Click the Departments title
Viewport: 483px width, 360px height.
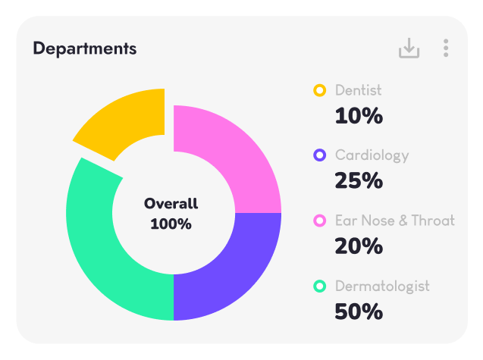85,49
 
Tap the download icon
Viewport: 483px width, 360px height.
409,49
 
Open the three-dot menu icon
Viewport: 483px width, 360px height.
446,49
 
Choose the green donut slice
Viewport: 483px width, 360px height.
106,250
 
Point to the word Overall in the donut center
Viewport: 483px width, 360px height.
171,203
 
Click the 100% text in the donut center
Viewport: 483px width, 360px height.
171,224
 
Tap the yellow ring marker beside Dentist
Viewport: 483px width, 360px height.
320,90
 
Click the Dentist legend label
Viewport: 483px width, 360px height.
359,90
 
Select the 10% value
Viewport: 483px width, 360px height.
359,116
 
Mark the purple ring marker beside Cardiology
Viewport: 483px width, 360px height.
320,155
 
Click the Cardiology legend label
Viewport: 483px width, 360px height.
372,155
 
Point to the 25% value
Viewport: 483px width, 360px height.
359,181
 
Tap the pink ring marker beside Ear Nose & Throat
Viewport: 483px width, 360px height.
320,221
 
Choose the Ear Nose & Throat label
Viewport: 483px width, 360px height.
395,221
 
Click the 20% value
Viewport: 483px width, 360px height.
359,246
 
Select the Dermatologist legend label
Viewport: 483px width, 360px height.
382,286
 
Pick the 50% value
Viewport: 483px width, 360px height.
359,311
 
